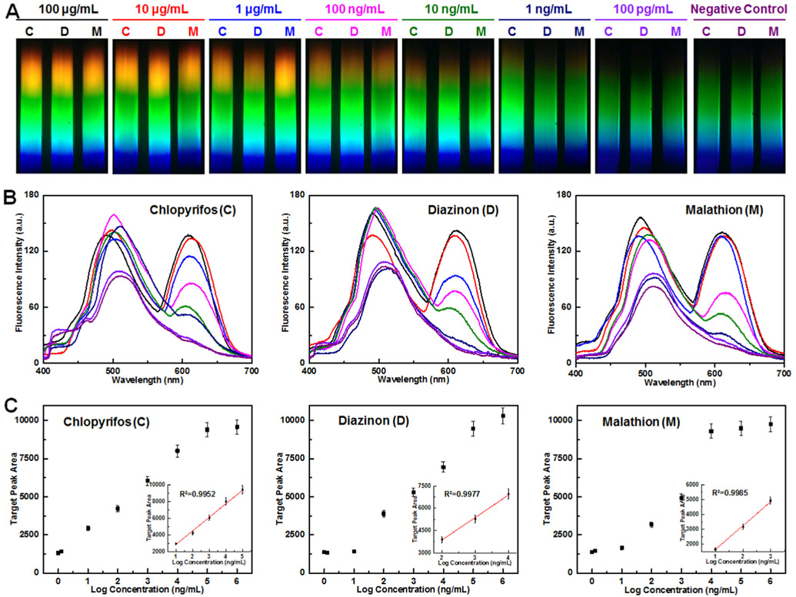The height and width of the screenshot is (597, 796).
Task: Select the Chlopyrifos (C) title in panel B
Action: tap(191, 211)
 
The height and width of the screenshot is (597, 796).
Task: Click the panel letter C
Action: tap(10, 403)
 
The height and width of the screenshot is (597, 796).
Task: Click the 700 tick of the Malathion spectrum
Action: tap(783, 370)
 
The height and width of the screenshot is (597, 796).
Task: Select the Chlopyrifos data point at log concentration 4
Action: tap(177, 451)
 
